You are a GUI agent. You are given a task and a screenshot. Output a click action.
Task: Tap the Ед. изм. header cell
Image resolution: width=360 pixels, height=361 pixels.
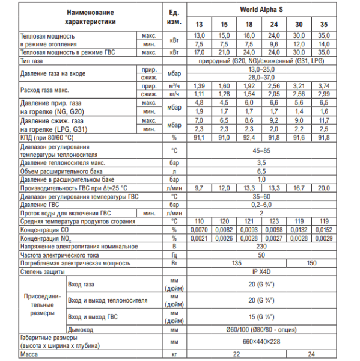click(174, 17)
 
